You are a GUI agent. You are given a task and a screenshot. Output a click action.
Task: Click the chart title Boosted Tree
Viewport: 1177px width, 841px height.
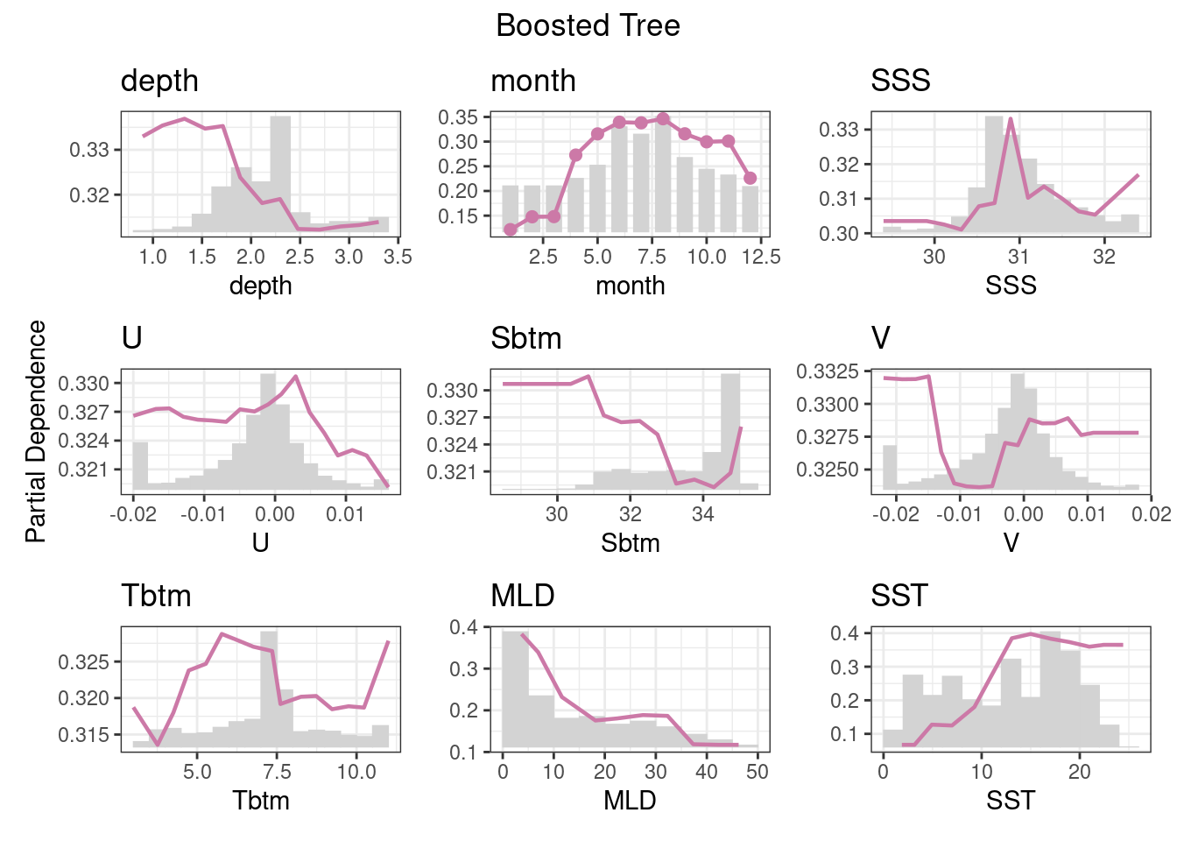[x=588, y=25]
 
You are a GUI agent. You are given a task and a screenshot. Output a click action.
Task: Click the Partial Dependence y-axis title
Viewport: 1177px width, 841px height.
[x=36, y=431]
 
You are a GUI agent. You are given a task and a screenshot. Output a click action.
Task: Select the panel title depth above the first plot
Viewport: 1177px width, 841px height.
[x=159, y=81]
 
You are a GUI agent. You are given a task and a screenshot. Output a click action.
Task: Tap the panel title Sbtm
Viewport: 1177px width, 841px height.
[x=525, y=338]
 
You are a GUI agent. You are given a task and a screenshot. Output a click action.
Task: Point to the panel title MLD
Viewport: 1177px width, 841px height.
[x=522, y=596]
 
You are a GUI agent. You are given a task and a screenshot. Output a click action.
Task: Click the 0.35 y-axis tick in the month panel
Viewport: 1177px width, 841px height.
[x=458, y=117]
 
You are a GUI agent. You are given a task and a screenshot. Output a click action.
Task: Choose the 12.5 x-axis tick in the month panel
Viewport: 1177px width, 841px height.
[x=761, y=257]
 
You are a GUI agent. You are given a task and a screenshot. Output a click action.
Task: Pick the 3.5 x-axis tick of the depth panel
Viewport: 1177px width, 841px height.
[x=398, y=257]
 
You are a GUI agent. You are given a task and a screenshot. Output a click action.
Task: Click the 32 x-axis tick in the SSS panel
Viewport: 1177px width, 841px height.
[x=1104, y=257]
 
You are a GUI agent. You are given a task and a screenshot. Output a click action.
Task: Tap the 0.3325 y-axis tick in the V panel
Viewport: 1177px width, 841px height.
[x=828, y=372]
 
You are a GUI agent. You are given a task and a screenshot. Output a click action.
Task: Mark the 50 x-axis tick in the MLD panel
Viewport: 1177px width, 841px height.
[x=758, y=772]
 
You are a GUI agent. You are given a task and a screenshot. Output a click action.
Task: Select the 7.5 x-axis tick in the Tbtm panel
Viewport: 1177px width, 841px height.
[x=277, y=772]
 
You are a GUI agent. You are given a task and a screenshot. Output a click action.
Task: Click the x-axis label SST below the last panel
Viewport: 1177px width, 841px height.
[x=1011, y=800]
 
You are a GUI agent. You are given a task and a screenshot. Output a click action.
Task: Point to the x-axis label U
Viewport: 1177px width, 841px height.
[x=260, y=543]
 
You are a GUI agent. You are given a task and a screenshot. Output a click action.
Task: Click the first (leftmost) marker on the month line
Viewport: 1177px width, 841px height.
[x=510, y=230]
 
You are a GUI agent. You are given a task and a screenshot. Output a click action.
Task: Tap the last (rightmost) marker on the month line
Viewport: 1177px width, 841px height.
[x=750, y=179]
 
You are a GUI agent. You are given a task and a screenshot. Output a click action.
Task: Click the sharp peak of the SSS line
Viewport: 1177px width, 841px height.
[x=1011, y=120]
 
